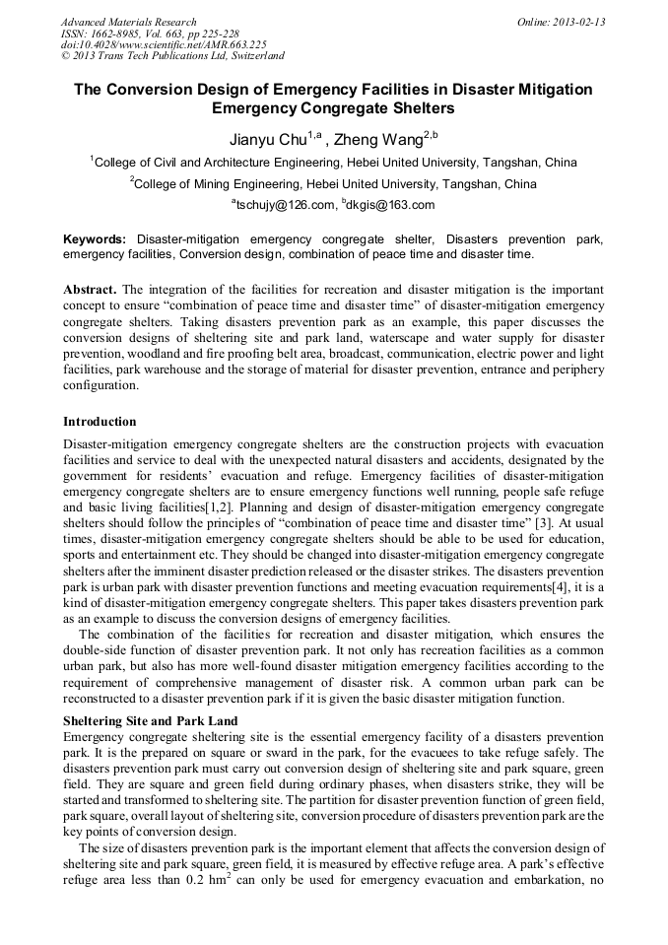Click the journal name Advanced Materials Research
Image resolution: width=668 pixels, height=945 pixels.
pos(128,22)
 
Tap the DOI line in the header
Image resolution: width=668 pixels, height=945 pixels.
pos(164,44)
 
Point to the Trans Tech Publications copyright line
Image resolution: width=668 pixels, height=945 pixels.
pos(172,56)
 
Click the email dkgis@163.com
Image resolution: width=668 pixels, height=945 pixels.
pos(388,205)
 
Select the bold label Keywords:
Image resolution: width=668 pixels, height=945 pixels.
pos(95,239)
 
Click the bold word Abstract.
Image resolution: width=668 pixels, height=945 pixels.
pos(91,291)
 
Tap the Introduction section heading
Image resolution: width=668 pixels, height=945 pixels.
pos(100,422)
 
